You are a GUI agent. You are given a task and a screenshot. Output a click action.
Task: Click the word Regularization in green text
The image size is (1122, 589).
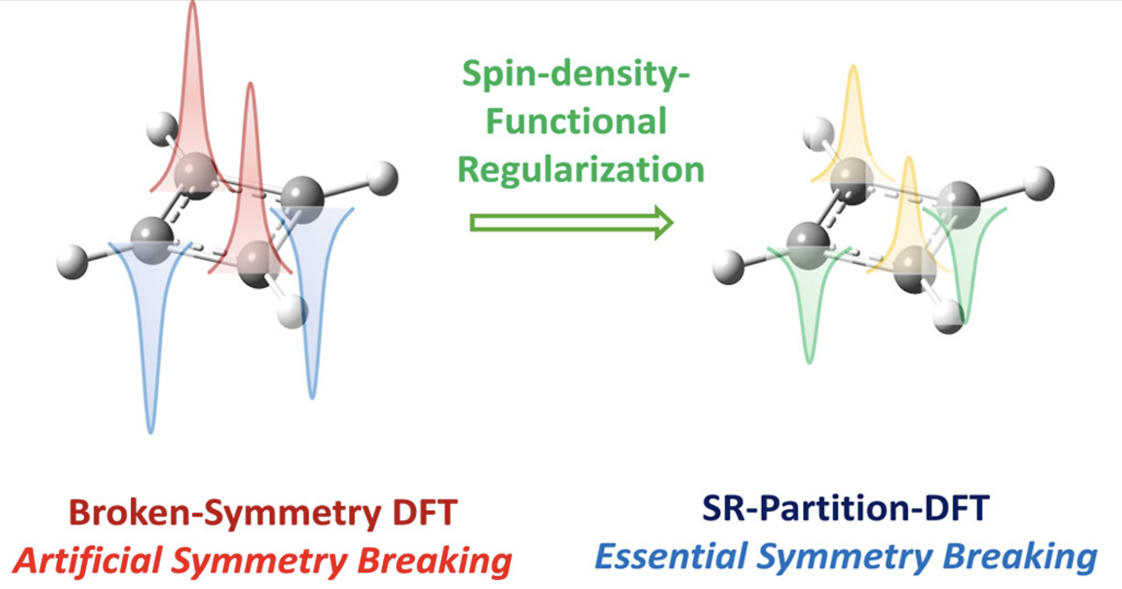pyautogui.click(x=581, y=169)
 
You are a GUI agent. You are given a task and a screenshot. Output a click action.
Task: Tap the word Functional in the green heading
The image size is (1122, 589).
pyautogui.click(x=576, y=121)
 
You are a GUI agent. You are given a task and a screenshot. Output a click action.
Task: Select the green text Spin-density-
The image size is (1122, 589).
pyautogui.click(x=576, y=74)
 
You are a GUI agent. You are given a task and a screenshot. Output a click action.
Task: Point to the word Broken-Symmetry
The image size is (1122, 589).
pyautogui.click(x=224, y=513)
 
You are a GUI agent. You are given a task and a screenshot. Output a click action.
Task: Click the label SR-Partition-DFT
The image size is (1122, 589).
pyautogui.click(x=845, y=508)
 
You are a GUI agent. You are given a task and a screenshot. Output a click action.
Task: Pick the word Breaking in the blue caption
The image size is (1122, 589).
pyautogui.click(x=1020, y=557)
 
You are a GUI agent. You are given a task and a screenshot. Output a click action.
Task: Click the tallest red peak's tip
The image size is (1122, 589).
pyautogui.click(x=193, y=4)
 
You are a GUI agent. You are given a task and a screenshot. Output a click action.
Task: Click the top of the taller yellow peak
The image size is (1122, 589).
pyautogui.click(x=853, y=68)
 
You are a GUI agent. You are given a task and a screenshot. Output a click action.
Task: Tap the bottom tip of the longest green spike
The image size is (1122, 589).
pyautogui.click(x=809, y=362)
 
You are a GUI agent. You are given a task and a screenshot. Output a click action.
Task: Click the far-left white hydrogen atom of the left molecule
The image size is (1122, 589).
pyautogui.click(x=72, y=262)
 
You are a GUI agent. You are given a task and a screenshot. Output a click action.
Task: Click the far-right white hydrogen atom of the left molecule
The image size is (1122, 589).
pyautogui.click(x=383, y=178)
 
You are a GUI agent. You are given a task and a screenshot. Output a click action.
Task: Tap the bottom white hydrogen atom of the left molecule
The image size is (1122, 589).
pyautogui.click(x=292, y=311)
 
